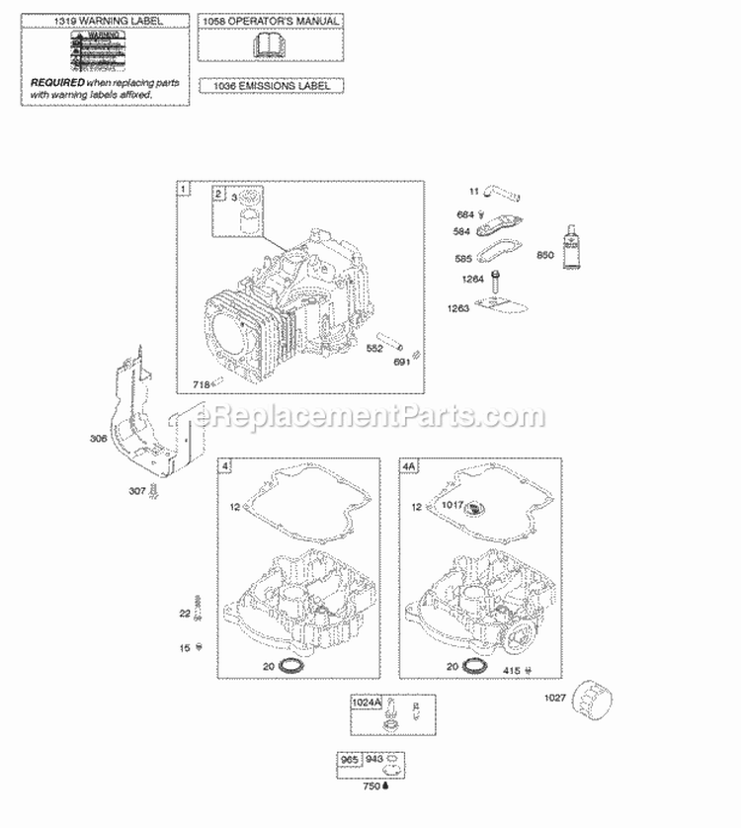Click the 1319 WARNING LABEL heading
pos(106,19)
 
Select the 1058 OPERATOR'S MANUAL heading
pos(270,20)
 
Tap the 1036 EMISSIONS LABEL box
pos(271,86)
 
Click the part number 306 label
pos(98,439)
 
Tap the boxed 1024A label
pos(364,704)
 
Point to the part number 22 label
pos(184,613)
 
